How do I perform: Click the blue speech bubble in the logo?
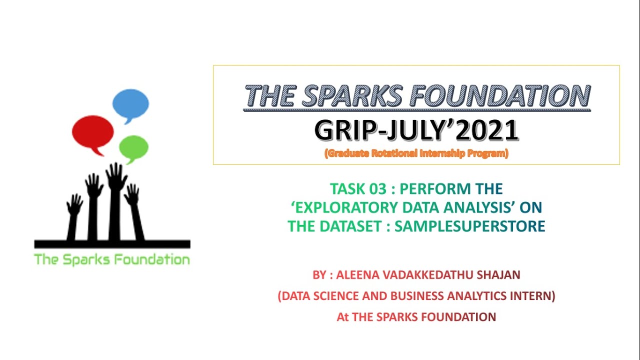click(x=130, y=103)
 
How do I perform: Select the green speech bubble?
click(x=133, y=147)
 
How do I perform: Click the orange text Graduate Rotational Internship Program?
click(x=416, y=153)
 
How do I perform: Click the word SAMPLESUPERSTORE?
click(x=469, y=226)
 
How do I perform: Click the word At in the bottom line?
click(x=342, y=317)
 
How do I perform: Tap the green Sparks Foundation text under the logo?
click(x=112, y=259)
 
